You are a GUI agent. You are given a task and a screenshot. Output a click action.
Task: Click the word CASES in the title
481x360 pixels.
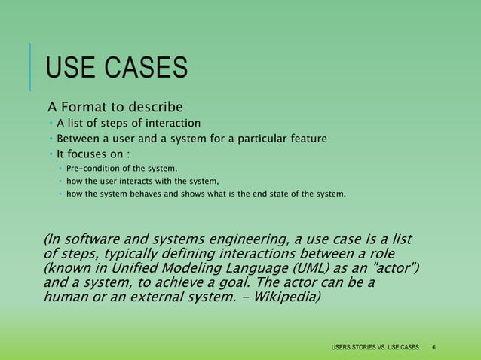(144, 69)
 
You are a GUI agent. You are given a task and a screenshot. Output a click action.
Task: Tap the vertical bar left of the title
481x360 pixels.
(31, 67)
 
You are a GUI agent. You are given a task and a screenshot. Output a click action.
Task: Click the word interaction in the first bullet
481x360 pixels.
(172, 123)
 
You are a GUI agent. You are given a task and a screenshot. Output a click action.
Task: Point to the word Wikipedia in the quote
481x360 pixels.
(287, 297)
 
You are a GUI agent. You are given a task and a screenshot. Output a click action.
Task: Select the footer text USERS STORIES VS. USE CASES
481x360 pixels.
(375, 347)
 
